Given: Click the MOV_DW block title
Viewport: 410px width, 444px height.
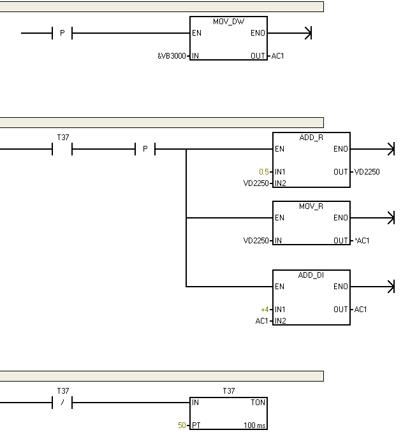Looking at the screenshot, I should click(228, 22).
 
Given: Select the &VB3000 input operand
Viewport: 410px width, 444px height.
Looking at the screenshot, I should click(172, 56).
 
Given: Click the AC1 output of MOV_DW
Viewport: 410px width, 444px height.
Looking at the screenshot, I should click(278, 56).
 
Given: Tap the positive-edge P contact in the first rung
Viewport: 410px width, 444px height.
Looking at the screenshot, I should click(62, 33).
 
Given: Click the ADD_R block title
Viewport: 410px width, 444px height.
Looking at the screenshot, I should click(311, 138).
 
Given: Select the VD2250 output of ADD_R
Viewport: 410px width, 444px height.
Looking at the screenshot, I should click(367, 172).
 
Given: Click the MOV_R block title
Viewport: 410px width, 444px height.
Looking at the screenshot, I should click(311, 206).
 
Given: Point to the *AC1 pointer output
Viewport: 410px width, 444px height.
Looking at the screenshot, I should click(362, 241).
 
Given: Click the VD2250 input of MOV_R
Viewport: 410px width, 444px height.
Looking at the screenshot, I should click(256, 241).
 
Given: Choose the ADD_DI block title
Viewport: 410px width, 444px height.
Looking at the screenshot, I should click(311, 275).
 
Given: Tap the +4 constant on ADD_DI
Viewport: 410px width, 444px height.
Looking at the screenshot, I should click(265, 310).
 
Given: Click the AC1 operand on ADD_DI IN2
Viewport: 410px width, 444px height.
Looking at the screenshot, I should click(261, 321).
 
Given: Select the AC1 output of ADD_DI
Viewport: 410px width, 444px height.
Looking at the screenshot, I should click(361, 310).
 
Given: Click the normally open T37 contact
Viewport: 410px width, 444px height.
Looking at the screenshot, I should click(62, 149).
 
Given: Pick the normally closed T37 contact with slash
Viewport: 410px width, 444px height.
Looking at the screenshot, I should click(62, 403).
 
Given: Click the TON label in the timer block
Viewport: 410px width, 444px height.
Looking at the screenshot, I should click(258, 403).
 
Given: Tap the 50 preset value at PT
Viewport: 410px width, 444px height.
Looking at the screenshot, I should click(182, 425).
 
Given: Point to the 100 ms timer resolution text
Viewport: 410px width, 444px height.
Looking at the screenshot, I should click(254, 425).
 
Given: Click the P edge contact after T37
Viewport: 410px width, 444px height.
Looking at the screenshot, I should click(145, 149).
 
